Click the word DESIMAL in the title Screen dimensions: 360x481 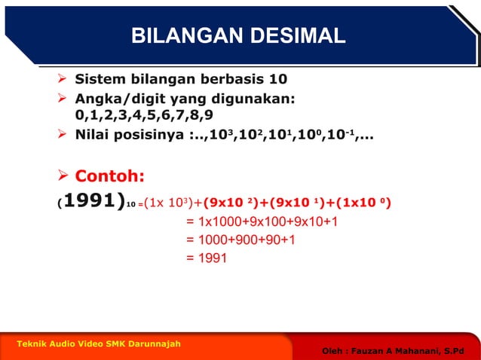[293, 35]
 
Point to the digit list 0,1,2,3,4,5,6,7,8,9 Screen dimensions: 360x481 [144, 115]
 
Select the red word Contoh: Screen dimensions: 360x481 [109, 176]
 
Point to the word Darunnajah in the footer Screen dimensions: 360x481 [154, 343]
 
